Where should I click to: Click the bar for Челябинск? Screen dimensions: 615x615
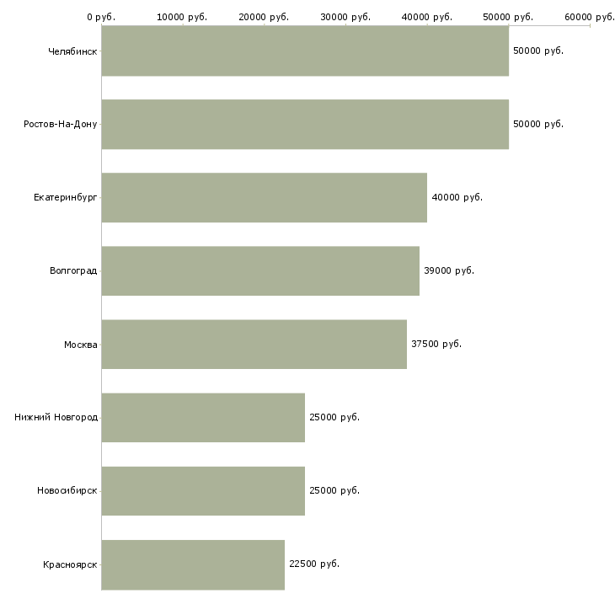pyautogui.click(x=305, y=51)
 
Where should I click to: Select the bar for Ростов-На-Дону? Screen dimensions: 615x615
pyautogui.click(x=305, y=125)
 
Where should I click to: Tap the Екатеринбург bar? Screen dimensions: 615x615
pyautogui.click(x=265, y=198)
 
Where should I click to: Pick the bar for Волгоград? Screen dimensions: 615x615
pyautogui.click(x=260, y=271)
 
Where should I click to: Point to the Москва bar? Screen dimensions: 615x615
pyautogui.click(x=254, y=345)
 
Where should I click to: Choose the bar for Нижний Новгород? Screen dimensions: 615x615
pyautogui.click(x=203, y=418)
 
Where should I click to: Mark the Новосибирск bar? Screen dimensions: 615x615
pyautogui.click(x=203, y=491)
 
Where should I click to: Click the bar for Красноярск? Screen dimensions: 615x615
pyautogui.click(x=193, y=564)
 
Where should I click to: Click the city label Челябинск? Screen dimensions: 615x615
pyautogui.click(x=72, y=51)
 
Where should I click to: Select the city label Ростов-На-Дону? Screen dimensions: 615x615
pyautogui.click(x=61, y=125)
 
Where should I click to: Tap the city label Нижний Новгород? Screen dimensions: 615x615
pyautogui.click(x=56, y=418)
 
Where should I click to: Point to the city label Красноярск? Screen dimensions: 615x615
pyautogui.click(x=70, y=564)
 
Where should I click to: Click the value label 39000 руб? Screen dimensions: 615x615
pyautogui.click(x=449, y=271)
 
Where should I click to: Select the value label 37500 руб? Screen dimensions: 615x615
pyautogui.click(x=436, y=345)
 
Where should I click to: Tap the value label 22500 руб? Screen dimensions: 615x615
pyautogui.click(x=314, y=564)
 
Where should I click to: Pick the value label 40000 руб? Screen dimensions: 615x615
pyautogui.click(x=457, y=198)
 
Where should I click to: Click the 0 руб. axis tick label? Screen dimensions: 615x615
pyautogui.click(x=101, y=16)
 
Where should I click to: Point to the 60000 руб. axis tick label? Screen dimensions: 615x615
pyautogui.click(x=590, y=16)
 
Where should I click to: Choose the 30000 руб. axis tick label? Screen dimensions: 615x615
pyautogui.click(x=345, y=16)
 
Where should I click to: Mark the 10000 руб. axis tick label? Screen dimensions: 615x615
pyautogui.click(x=183, y=16)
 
